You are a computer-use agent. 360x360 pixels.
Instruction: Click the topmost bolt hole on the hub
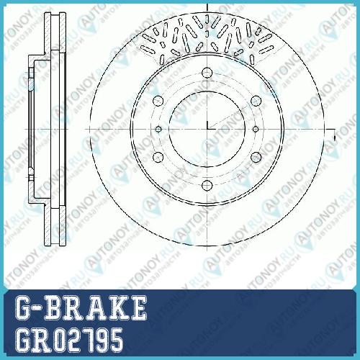[x=207, y=73]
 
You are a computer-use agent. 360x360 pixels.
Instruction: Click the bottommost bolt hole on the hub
[x=207, y=185]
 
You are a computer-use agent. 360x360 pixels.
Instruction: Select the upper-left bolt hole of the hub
[x=158, y=101]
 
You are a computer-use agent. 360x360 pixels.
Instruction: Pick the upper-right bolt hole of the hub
[x=256, y=101]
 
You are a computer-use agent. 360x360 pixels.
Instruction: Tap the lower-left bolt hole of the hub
[x=158, y=157]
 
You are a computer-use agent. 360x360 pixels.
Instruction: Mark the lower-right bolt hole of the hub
[x=256, y=157]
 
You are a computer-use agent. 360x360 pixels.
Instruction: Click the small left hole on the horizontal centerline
[x=158, y=130]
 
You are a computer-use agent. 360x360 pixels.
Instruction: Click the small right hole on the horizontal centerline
[x=256, y=130]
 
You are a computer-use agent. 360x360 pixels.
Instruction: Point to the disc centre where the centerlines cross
[x=207, y=129]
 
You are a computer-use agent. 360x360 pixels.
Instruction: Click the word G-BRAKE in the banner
[x=81, y=308]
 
